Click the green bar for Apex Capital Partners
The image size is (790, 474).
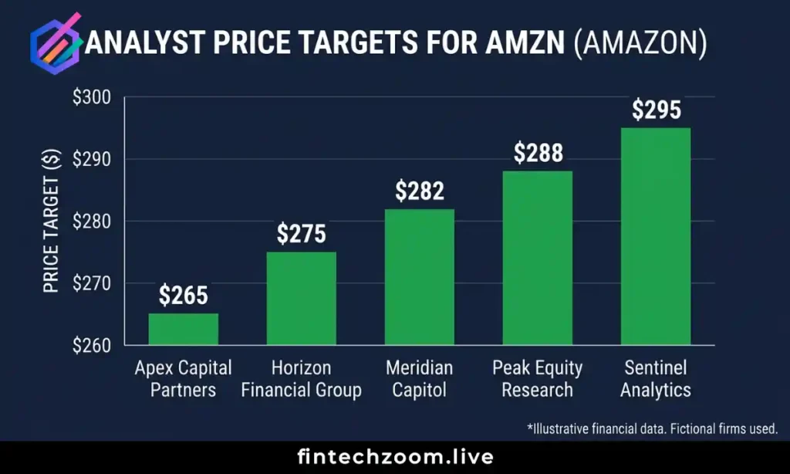coord(183,329)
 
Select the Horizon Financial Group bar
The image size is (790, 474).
coord(301,298)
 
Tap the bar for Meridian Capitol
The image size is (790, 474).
coord(419,276)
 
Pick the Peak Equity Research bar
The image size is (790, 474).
coord(537,258)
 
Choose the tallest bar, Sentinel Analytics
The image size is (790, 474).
coord(655,236)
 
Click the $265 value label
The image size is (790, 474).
coord(184,295)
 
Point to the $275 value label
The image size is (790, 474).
coord(302,234)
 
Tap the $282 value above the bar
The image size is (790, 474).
coord(420,191)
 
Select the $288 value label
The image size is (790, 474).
coord(538,153)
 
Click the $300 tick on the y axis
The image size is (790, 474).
coord(93,98)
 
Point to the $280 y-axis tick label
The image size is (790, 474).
coord(93,222)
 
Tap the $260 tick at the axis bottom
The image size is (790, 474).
coord(93,345)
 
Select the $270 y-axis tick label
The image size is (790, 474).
coord(93,283)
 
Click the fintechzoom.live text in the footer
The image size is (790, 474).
coord(395,457)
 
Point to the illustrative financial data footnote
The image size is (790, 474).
coord(653,428)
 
